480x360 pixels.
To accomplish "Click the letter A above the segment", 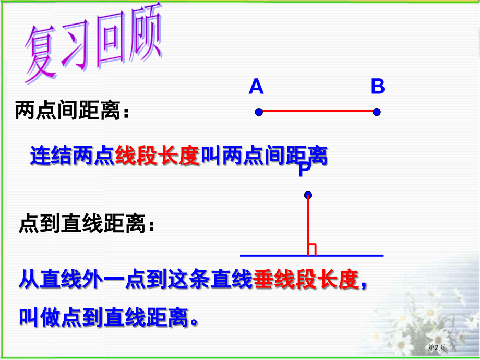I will pyautogui.click(x=256, y=87).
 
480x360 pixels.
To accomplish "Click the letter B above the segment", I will pyautogui.click(x=378, y=87).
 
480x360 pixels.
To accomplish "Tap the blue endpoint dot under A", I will pyautogui.click(x=258, y=112).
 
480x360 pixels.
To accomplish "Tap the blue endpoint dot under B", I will pyautogui.click(x=377, y=112).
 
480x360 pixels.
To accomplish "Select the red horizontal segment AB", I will pyautogui.click(x=317, y=112).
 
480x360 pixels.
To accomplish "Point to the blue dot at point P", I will pyautogui.click(x=308, y=195).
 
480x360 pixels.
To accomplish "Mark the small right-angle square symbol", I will pyautogui.click(x=312, y=250).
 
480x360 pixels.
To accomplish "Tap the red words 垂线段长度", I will pyautogui.click(x=306, y=280).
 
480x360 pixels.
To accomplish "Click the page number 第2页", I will pyautogui.click(x=437, y=347).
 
